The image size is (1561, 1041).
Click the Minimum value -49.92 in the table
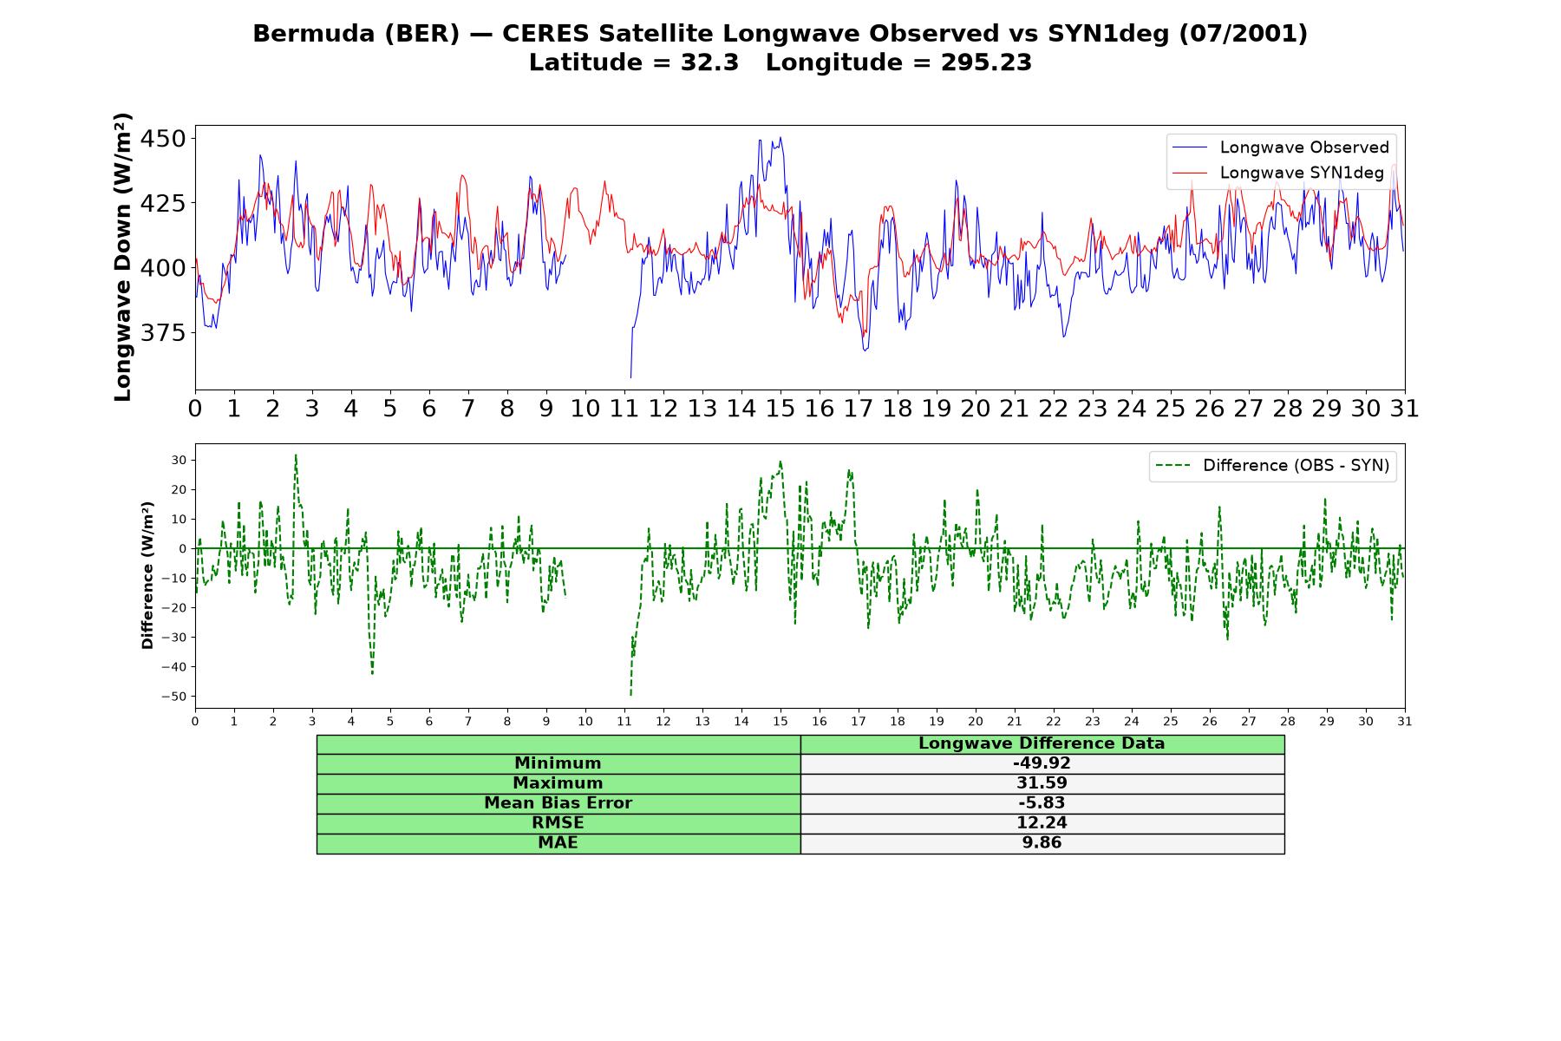pyautogui.click(x=1042, y=763)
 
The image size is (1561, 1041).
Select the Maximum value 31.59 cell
pyautogui.click(x=1042, y=783)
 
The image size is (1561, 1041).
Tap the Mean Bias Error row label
pyautogui.click(x=558, y=803)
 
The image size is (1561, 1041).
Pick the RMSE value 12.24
pyautogui.click(x=1042, y=823)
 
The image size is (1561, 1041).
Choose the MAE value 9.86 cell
pyautogui.click(x=1042, y=843)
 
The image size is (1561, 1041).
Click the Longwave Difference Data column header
pyautogui.click(x=1042, y=743)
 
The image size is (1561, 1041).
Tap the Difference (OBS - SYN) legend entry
pyautogui.click(x=1273, y=466)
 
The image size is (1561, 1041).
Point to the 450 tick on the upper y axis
pyautogui.click(x=166, y=139)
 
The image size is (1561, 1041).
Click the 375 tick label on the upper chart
pyautogui.click(x=166, y=333)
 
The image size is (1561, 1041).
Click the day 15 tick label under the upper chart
pyautogui.click(x=780, y=409)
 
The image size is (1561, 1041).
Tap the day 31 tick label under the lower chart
pyautogui.click(x=1405, y=722)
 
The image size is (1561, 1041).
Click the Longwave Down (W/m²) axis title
pyautogui.click(x=123, y=257)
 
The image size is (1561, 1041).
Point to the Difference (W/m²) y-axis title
pyautogui.click(x=147, y=576)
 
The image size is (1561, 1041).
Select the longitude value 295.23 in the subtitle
pyautogui.click(x=986, y=62)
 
